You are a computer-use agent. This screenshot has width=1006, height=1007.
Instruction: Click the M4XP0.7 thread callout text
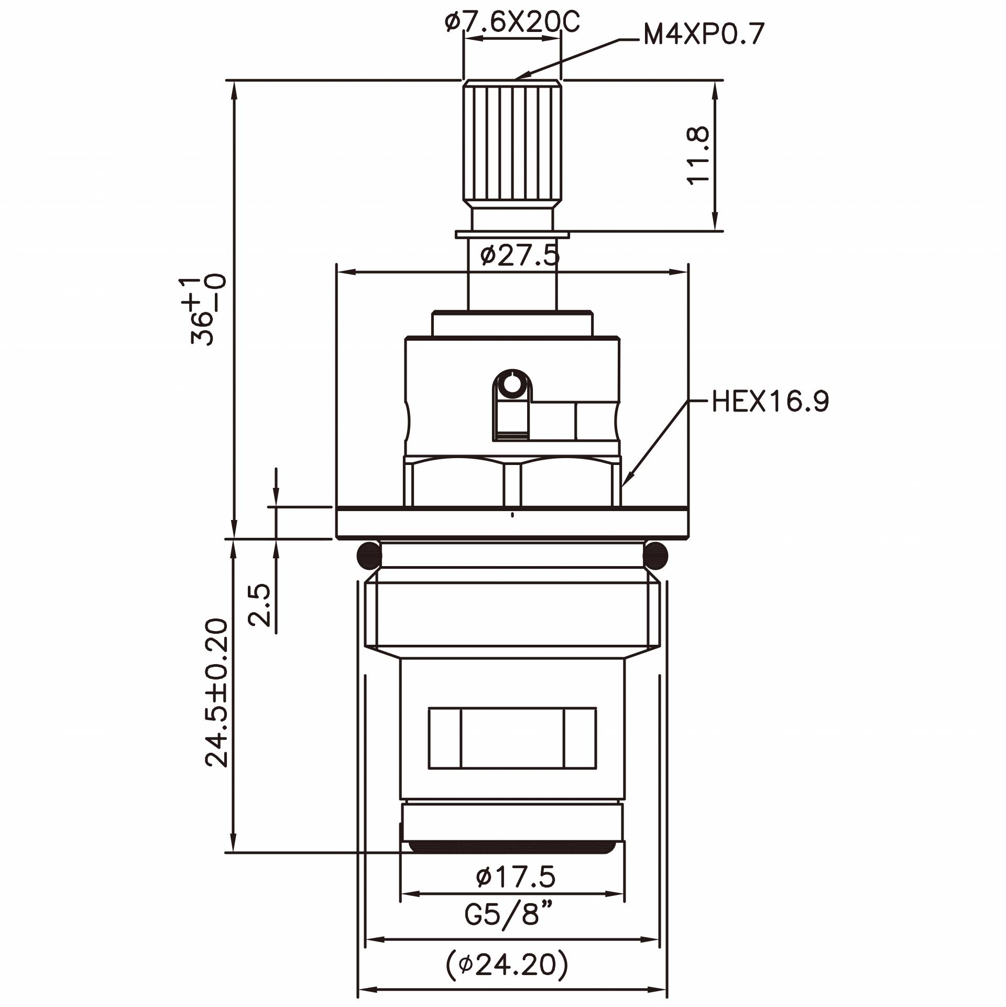(x=704, y=35)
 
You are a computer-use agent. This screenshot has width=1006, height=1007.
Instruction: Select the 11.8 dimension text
(x=698, y=155)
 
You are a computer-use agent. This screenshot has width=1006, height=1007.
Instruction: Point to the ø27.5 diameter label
(x=519, y=256)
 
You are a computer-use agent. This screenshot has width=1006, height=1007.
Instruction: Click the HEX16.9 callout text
(x=770, y=402)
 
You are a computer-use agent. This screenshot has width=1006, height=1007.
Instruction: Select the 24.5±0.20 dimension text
(x=217, y=693)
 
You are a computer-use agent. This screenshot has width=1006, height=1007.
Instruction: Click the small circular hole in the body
(x=512, y=385)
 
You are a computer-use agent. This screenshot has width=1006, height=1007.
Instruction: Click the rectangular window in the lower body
(x=512, y=738)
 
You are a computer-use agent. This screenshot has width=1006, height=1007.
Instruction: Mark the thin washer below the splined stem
(x=512, y=234)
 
